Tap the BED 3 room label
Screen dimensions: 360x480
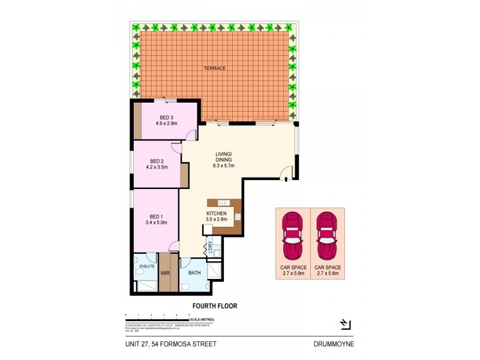[x=166, y=118]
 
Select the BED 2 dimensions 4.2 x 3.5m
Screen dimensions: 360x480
[x=157, y=168]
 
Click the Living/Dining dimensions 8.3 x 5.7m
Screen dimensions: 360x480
[x=224, y=166]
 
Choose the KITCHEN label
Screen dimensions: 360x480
[x=216, y=214]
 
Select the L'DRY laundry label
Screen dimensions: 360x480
[x=211, y=247]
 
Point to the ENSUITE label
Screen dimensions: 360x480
[x=147, y=266]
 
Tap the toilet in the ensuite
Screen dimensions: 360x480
[x=139, y=273]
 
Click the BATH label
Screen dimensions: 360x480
[x=194, y=273]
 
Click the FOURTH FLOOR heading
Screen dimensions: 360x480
[x=214, y=306]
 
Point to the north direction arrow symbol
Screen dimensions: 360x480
[x=345, y=325]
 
